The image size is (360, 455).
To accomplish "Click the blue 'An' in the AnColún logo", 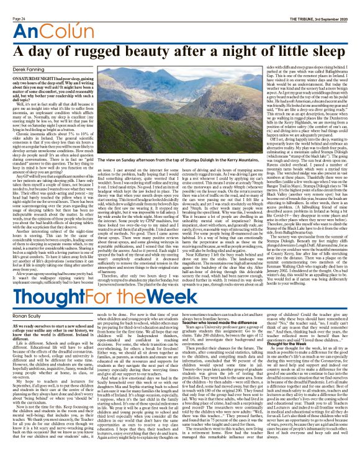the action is coord(20,17).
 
